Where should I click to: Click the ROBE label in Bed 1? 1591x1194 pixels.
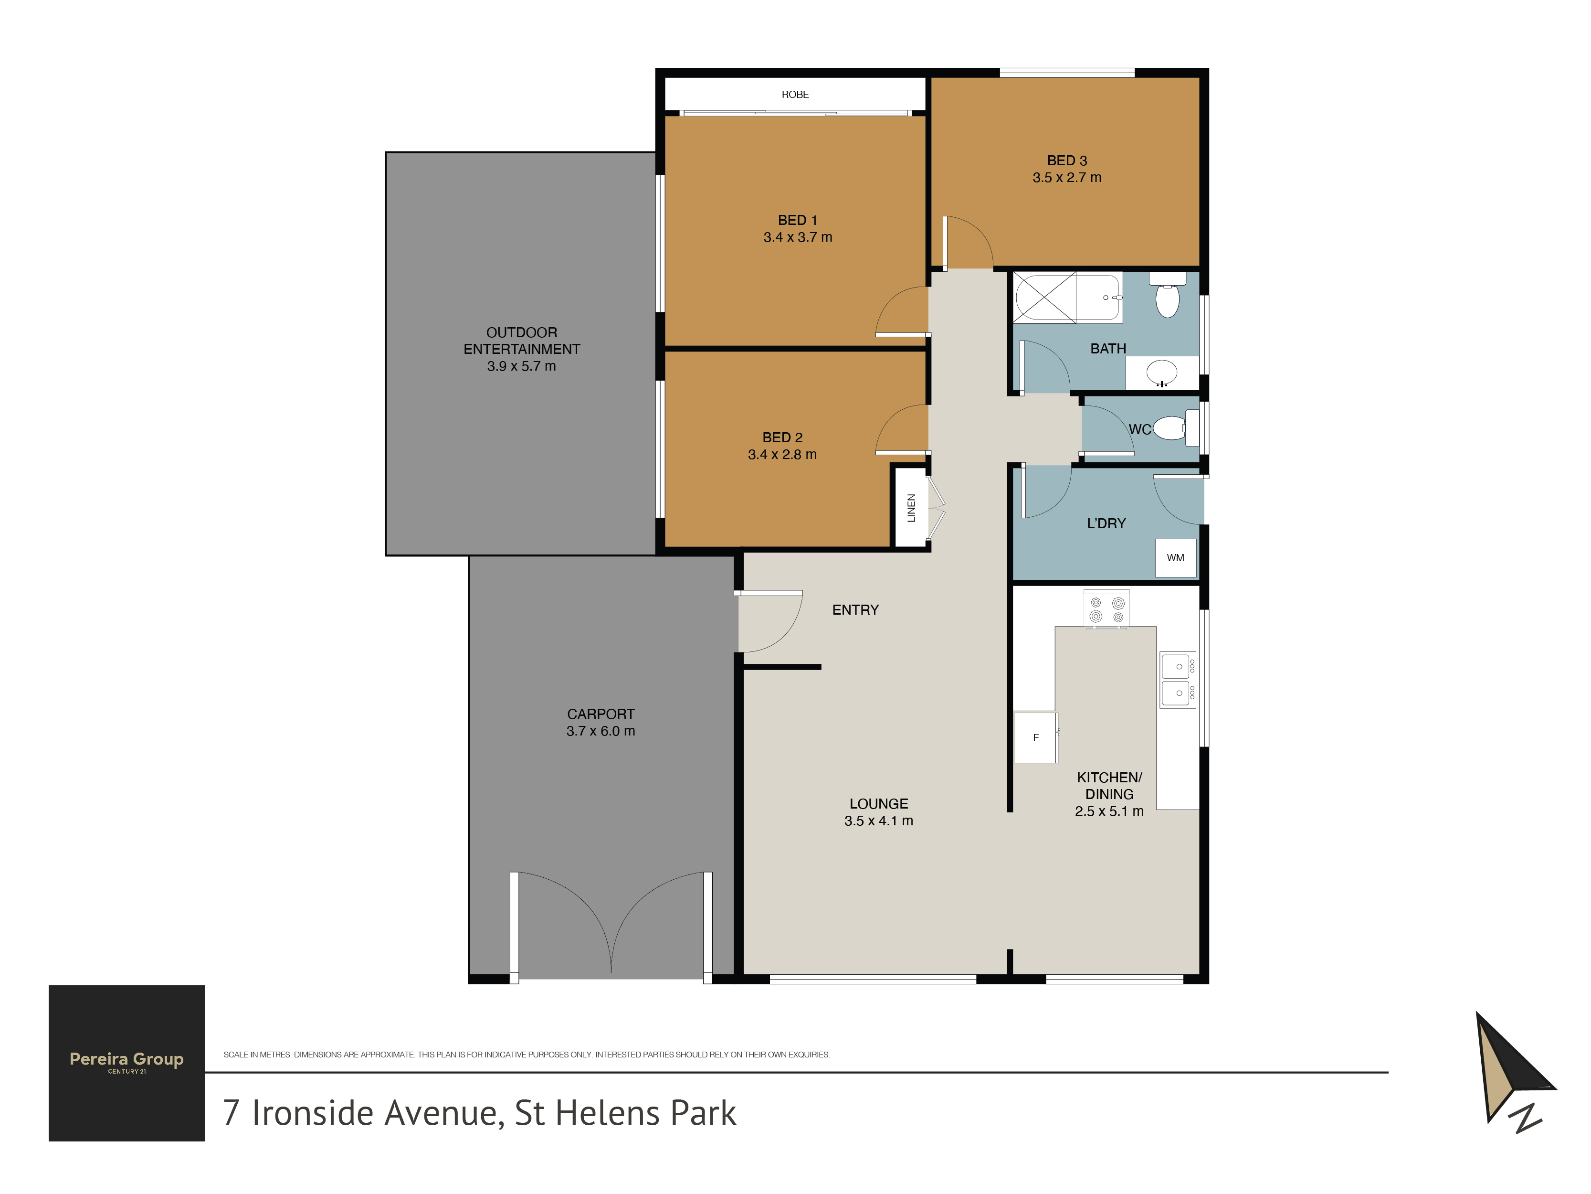[x=795, y=94]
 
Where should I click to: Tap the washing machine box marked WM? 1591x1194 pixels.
[x=1175, y=558]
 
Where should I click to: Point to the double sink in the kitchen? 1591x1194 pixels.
[x=1178, y=680]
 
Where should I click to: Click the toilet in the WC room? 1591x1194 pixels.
[x=1175, y=428]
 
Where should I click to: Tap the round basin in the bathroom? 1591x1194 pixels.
[x=1161, y=373]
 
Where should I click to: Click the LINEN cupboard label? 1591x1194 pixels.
[x=911, y=508]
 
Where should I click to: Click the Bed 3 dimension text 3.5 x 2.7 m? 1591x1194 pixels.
[x=1067, y=178]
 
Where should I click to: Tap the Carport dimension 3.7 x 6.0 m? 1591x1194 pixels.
[x=601, y=731]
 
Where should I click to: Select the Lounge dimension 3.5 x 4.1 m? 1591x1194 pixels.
[x=878, y=821]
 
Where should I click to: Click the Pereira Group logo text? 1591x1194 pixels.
[x=126, y=1059]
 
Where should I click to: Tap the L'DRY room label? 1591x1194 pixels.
[x=1106, y=524]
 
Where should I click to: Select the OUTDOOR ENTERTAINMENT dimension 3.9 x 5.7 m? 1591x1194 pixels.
[x=521, y=366]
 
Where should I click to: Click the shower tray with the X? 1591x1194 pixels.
[x=1045, y=296]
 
